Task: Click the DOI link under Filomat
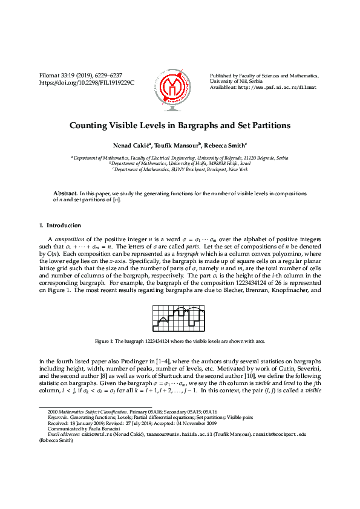click(x=87, y=82)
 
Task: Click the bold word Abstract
click(x=65, y=193)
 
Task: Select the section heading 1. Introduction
click(x=56, y=225)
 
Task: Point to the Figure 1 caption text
click(x=180, y=342)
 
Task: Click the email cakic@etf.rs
click(x=80, y=433)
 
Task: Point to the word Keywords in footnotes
click(x=59, y=417)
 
